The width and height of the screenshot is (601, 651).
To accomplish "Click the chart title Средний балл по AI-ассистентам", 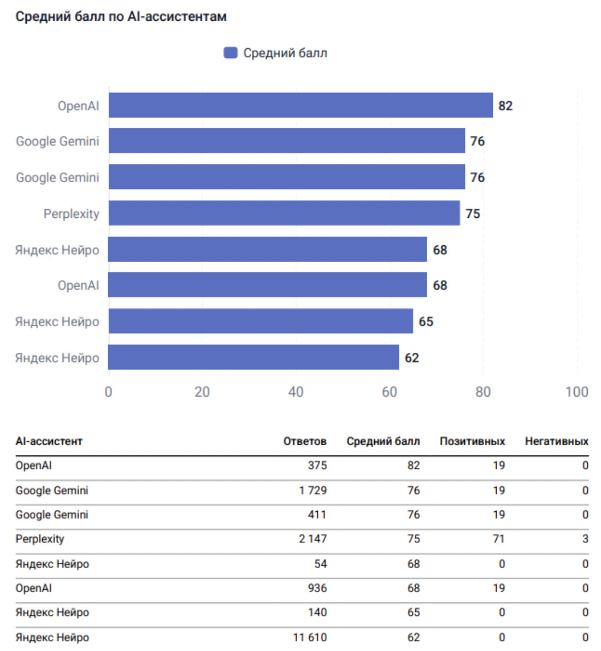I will click(x=121, y=17).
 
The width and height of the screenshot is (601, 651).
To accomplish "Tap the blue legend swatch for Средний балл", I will click(x=231, y=53).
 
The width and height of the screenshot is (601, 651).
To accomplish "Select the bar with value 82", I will click(x=300, y=105).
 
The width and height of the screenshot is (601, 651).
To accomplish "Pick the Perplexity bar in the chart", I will click(x=284, y=213).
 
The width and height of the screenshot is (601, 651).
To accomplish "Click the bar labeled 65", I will click(x=261, y=321).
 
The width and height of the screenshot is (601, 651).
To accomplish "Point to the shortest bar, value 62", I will click(x=254, y=357).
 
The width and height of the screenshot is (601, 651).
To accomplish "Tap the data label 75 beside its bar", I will click(x=473, y=214).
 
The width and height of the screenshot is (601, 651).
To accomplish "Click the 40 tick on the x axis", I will click(x=296, y=392).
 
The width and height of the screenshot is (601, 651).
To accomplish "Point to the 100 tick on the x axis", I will click(x=576, y=392).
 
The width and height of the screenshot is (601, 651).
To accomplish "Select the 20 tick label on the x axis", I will click(x=202, y=392).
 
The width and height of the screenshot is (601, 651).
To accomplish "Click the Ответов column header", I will click(x=304, y=441).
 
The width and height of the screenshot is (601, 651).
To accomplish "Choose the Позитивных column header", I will click(x=472, y=441).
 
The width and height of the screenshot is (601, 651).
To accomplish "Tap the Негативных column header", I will click(x=556, y=441).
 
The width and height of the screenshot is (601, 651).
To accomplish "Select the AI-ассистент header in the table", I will click(x=49, y=441).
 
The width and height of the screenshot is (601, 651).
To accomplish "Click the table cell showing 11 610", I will click(x=310, y=637).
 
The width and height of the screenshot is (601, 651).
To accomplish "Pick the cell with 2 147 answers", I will click(x=313, y=539).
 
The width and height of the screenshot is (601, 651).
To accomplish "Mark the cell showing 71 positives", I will click(x=498, y=539).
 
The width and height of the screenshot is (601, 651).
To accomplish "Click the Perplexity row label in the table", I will click(x=40, y=539).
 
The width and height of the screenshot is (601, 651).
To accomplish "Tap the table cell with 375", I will click(x=317, y=465).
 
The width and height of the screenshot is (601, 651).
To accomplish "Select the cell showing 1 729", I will click(x=313, y=490).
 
